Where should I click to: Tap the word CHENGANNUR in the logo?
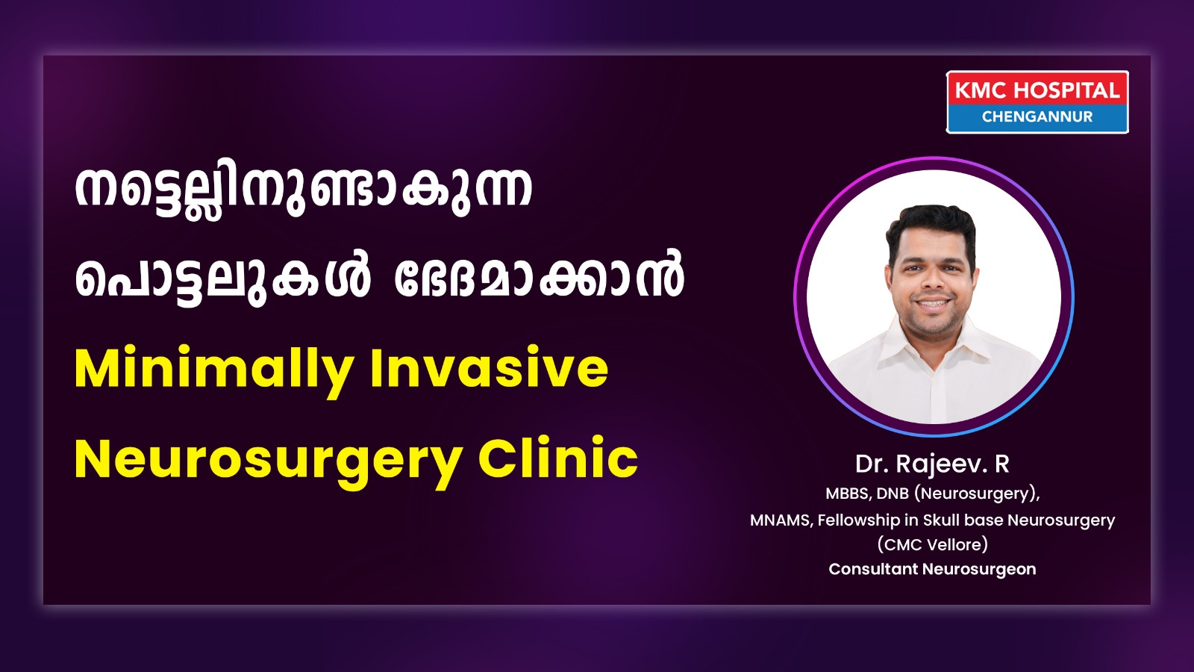[1037, 116]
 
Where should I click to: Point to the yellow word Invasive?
[490, 369]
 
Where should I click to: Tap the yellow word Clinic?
[558, 458]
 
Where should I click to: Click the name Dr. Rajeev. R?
[932, 464]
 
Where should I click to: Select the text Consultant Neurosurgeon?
[932, 569]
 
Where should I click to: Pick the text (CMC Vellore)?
[932, 544]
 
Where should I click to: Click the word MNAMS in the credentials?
[781, 520]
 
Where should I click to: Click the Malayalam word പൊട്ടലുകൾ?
[222, 280]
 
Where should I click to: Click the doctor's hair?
[931, 227]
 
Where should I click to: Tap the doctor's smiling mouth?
[932, 303]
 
